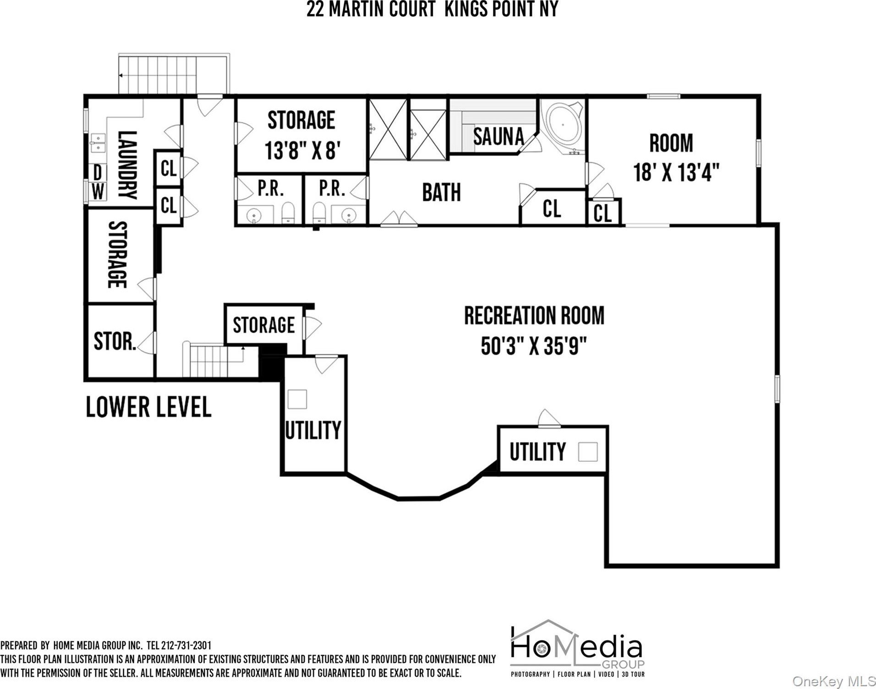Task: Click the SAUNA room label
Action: (498, 136)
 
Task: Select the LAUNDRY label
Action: (127, 165)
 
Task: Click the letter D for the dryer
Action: (98, 173)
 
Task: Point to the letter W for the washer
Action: (98, 191)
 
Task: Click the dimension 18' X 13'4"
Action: (676, 173)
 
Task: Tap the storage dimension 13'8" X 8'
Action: (303, 150)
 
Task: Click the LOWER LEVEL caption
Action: (148, 407)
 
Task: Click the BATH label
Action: (441, 192)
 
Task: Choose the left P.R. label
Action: (271, 188)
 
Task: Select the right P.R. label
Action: (332, 188)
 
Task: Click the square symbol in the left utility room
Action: (297, 399)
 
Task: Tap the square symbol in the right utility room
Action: (588, 452)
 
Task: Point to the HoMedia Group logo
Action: (578, 650)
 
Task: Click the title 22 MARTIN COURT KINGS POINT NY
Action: (432, 9)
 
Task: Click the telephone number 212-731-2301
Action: (186, 645)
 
